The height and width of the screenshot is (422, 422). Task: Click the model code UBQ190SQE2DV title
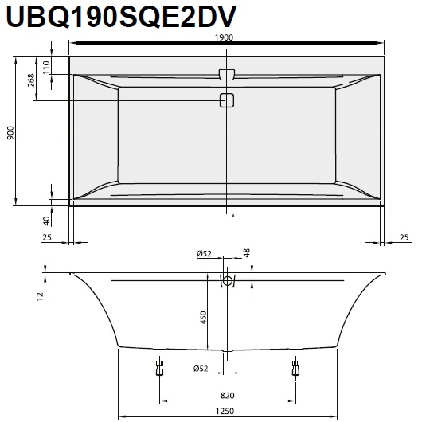[x=121, y=16]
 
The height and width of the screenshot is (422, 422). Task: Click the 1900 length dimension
[x=224, y=37]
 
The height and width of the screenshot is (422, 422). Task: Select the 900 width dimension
[x=10, y=132]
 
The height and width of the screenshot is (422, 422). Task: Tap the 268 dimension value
[x=31, y=80]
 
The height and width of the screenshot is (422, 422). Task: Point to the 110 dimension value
[x=46, y=68]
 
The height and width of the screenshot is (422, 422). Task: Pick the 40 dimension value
[x=47, y=221]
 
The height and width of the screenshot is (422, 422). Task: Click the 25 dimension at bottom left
[x=47, y=237]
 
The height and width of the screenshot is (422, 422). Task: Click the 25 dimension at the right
[x=404, y=237]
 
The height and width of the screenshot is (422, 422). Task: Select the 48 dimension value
[x=247, y=252]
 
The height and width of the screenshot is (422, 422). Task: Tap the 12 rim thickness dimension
[x=40, y=296]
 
